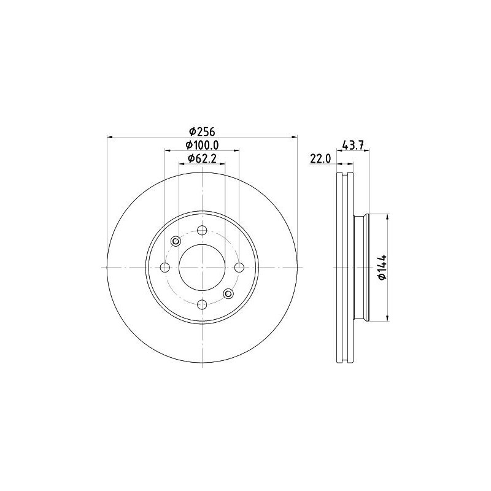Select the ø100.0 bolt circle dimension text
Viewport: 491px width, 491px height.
tap(202, 145)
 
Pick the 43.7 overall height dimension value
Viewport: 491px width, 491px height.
tap(354, 145)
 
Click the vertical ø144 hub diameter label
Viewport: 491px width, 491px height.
tap(382, 268)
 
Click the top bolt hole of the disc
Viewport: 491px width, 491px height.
tap(202, 231)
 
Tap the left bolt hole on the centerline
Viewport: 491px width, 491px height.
tap(165, 268)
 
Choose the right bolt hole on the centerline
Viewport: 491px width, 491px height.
tap(239, 268)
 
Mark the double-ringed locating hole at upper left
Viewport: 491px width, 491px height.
tap(176, 241)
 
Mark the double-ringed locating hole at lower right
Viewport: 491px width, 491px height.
tap(228, 294)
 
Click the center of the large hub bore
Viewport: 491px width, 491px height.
tap(202, 268)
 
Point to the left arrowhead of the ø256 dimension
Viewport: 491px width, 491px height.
tap(109, 136)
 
